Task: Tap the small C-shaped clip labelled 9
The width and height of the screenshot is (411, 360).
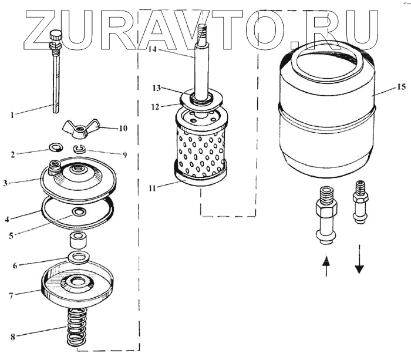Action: pos(78,149)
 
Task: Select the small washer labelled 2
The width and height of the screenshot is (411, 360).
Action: pos(55,147)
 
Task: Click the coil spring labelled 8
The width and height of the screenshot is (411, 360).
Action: pos(77,327)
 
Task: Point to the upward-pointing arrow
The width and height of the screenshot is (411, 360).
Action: pos(326,267)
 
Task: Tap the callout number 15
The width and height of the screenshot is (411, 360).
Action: pos(401,86)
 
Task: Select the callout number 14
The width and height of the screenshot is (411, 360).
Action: pos(152,49)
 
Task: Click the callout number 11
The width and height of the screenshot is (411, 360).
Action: pos(152,188)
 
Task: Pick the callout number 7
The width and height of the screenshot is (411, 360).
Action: pos(11,296)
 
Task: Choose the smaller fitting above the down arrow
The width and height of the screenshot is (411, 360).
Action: pos(360,202)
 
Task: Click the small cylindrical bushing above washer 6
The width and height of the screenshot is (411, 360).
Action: pos(78,240)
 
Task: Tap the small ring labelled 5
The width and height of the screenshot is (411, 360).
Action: pos(78,212)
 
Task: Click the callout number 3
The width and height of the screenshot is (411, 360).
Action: pos(5,183)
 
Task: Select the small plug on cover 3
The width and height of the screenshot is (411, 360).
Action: pos(55,167)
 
